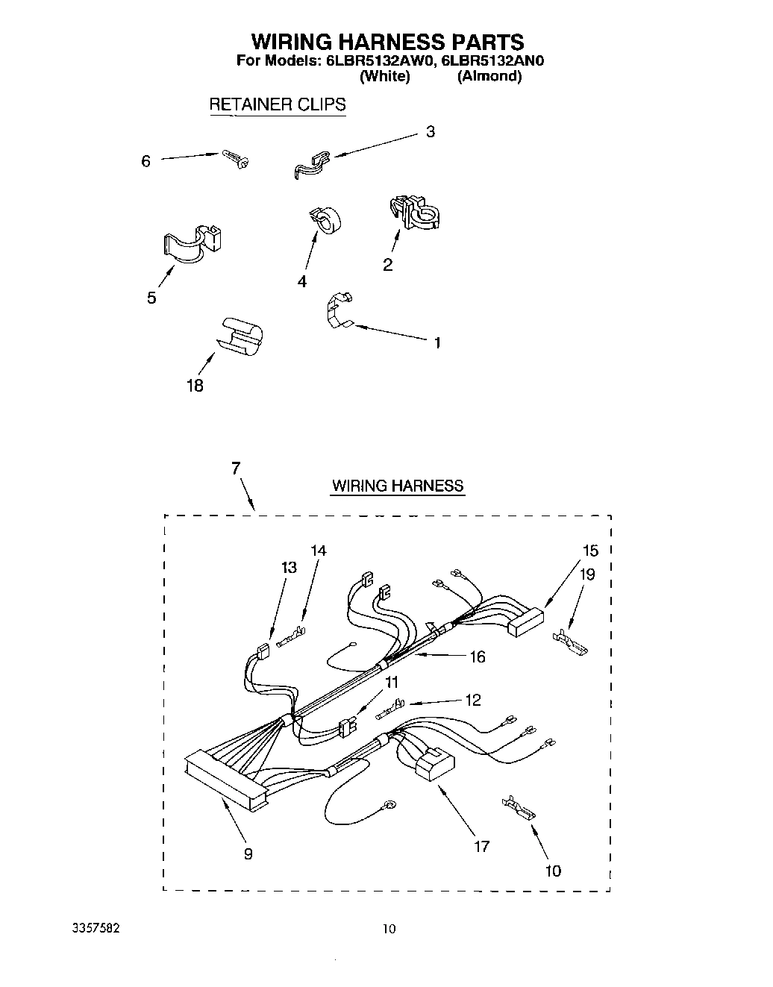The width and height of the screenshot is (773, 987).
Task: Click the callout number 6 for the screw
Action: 146,161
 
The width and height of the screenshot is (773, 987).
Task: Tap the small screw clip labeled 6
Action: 235,158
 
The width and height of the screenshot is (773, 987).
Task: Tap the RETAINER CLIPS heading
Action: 277,104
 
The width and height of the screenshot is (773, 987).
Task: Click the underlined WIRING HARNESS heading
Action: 398,486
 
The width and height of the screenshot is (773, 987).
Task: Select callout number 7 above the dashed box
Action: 236,469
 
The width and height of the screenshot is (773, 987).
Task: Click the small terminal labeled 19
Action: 569,641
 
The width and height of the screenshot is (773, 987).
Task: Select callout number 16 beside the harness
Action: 477,657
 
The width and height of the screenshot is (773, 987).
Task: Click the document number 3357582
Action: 93,930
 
